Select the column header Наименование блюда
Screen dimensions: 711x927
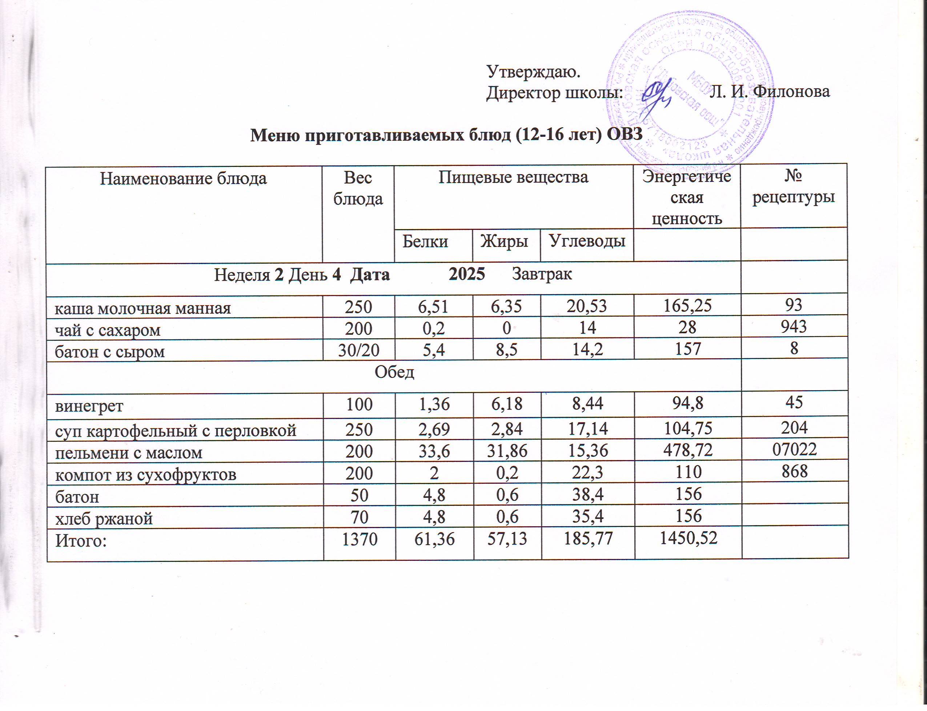(183, 179)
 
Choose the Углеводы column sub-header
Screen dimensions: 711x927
(587, 241)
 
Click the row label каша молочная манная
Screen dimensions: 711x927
(143, 308)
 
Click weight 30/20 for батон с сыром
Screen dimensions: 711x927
(358, 350)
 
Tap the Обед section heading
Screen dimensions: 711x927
(394, 372)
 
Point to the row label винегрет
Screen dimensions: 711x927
(90, 406)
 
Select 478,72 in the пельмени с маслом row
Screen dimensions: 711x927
(687, 451)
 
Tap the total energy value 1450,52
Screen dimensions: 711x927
(687, 538)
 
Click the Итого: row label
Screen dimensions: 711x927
(81, 541)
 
